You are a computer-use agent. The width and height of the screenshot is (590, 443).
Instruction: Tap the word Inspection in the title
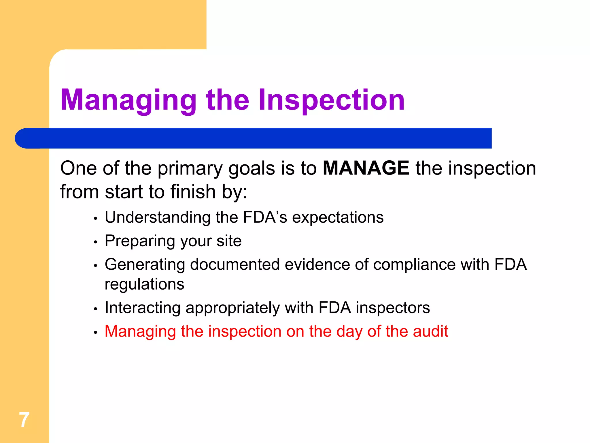point(332,100)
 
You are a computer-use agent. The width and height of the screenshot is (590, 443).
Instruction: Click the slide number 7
point(24,420)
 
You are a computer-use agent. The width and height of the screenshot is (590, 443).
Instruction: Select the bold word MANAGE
point(366,168)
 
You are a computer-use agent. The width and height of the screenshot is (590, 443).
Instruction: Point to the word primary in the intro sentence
point(190,168)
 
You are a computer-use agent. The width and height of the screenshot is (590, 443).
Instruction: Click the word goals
point(251,168)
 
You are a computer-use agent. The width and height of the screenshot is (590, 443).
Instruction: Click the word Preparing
point(140,241)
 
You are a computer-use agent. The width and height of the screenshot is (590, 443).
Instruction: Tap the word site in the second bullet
point(229,241)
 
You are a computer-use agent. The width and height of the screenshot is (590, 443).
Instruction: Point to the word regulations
point(144,284)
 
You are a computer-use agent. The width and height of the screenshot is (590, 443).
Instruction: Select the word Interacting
point(143,307)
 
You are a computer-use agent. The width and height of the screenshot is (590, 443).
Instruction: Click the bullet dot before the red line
point(96,333)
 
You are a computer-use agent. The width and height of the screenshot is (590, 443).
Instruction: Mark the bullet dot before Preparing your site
point(96,242)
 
